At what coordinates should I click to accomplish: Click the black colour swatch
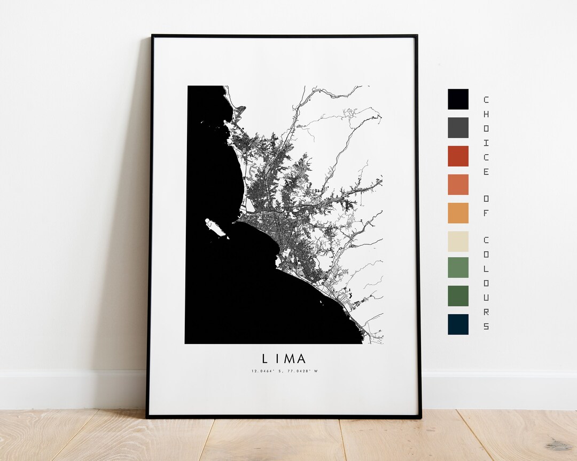click(x=458, y=99)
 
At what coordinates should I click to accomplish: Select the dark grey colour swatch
click(x=458, y=128)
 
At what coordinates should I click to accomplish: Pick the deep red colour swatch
click(x=458, y=156)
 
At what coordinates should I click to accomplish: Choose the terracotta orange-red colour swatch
click(x=458, y=184)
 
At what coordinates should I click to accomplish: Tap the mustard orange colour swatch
click(x=458, y=213)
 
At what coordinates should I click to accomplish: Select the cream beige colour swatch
click(x=458, y=241)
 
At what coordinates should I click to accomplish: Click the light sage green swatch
click(x=458, y=267)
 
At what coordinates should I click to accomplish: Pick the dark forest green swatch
click(x=458, y=296)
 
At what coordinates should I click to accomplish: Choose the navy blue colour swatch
click(x=458, y=324)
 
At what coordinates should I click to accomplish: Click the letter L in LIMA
click(x=265, y=359)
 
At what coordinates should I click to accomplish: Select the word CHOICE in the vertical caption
click(x=486, y=136)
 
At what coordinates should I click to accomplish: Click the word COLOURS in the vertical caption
click(x=486, y=282)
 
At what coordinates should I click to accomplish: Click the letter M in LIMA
click(x=287, y=359)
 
